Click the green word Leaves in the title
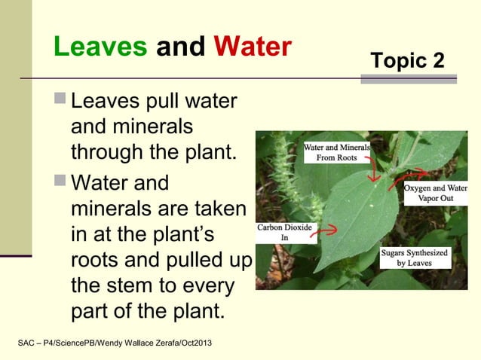pos(100,47)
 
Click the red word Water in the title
pos(251,47)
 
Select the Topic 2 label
pos(408,60)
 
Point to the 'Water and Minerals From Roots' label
pos(336,153)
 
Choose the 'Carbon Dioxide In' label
pos(286,232)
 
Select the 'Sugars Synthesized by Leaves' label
pos(412,258)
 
